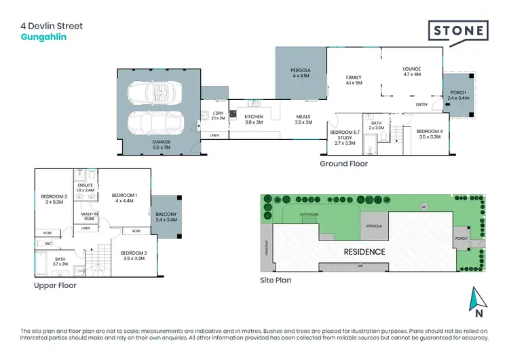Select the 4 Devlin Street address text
(x=52, y=26)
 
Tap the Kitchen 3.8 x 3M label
(x=253, y=120)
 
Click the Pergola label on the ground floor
(x=301, y=73)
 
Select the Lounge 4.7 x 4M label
(x=412, y=71)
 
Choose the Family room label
(x=354, y=80)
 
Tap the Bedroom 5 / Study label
(x=341, y=137)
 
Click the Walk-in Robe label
(x=88, y=217)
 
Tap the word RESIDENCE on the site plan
(x=365, y=252)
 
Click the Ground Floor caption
(x=343, y=164)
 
